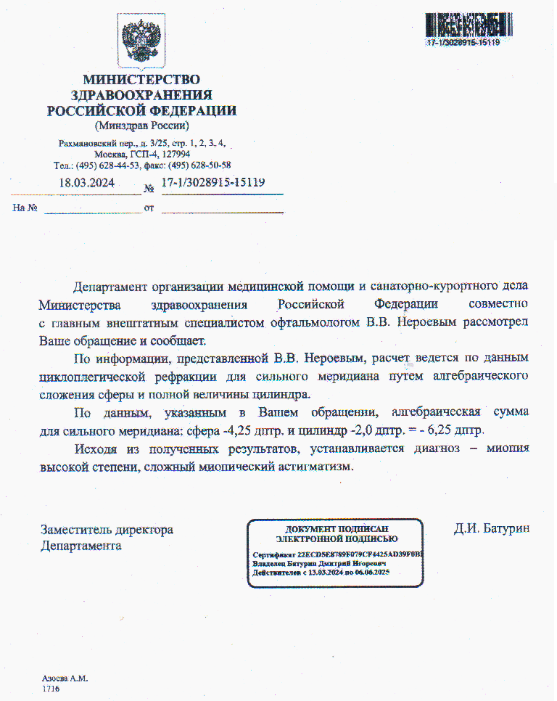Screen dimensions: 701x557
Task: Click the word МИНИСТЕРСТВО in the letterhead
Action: (x=141, y=79)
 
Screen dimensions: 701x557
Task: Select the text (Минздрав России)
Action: (x=141, y=126)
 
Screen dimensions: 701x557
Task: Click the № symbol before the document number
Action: (x=150, y=189)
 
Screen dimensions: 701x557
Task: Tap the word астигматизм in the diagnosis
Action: (x=314, y=467)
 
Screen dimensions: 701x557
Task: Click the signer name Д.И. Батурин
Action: (x=491, y=529)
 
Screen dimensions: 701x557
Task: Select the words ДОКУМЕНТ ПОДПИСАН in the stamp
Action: (x=336, y=529)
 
